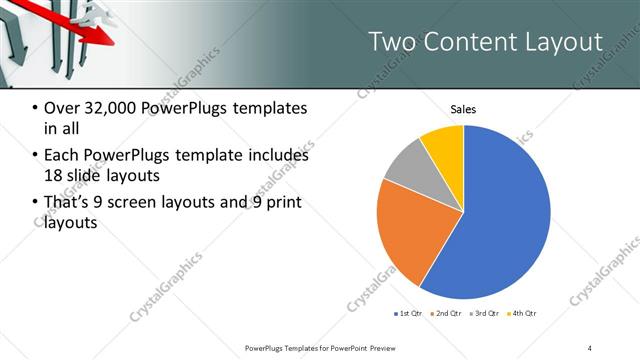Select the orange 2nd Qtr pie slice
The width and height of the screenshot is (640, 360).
pyautogui.click(x=405, y=230)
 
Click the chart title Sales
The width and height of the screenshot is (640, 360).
pyautogui.click(x=463, y=109)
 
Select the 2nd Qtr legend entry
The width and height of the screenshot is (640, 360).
pyautogui.click(x=446, y=314)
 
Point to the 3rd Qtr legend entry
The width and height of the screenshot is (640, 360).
pyautogui.click(x=484, y=314)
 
